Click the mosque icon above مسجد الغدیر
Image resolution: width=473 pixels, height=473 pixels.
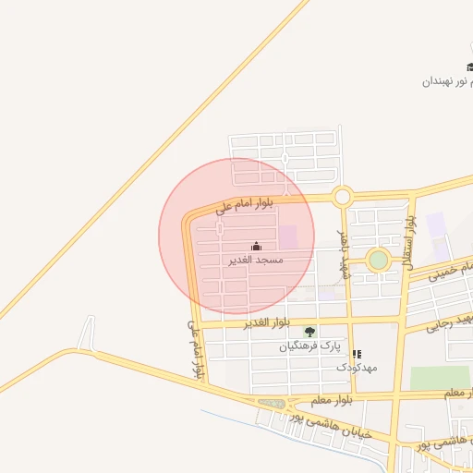256,246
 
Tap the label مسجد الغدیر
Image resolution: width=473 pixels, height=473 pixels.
256,261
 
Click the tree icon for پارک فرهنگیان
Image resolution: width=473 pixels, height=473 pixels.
309,332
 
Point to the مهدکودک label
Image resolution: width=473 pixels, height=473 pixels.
356,367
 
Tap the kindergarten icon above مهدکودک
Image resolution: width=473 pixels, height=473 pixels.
357,353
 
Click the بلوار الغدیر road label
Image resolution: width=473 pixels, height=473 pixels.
268,322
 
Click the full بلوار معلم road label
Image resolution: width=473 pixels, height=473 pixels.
320,398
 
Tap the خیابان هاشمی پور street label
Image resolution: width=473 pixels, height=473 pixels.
330,424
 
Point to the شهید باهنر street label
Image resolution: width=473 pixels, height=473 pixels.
344,254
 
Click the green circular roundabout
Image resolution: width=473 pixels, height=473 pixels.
378,261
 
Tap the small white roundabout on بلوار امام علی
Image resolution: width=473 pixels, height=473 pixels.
343,196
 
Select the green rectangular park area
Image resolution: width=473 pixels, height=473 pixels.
440,378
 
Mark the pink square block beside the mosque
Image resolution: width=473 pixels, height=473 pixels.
288,237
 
